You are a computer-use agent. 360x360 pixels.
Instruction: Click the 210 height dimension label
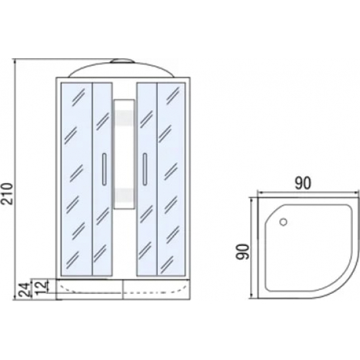(7, 193)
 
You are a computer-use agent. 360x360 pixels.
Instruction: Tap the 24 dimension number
(25, 290)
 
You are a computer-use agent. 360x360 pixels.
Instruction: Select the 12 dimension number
(42, 287)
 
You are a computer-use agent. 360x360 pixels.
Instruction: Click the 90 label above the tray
(302, 183)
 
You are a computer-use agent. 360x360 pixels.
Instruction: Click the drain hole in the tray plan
(283, 222)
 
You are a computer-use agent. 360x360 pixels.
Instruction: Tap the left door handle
(104, 169)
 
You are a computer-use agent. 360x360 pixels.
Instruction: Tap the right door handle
(145, 169)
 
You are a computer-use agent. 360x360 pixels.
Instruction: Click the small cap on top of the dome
(122, 61)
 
